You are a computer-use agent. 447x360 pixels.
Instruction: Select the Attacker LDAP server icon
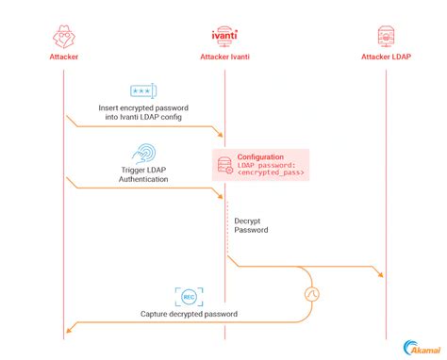coord(385,36)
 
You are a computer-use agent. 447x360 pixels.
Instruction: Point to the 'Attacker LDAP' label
coord(385,57)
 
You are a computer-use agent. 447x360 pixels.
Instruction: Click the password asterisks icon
coord(143,91)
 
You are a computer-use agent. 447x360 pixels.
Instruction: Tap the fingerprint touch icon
coord(144,153)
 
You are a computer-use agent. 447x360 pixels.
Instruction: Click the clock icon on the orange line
coord(313,294)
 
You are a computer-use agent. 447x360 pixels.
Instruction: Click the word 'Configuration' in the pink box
coord(260,157)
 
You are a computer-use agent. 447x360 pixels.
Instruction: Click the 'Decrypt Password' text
coord(250,224)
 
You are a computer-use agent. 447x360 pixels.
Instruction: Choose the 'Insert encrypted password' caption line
coord(143,108)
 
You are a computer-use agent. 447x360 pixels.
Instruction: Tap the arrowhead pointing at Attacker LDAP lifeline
coord(380,275)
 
